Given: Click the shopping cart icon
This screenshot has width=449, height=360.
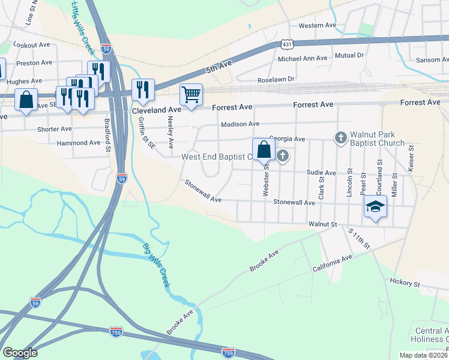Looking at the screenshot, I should [x=191, y=94].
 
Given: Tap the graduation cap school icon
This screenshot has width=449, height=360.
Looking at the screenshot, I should [x=375, y=207].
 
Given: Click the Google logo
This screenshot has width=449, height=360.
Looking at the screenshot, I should [x=20, y=353].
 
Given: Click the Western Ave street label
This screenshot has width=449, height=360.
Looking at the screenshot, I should [x=318, y=25].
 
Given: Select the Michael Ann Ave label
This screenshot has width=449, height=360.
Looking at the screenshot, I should [x=303, y=58].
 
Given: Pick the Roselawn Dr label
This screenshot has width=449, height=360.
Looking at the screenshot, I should [x=276, y=79].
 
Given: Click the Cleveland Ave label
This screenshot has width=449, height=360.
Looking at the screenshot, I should [x=156, y=110].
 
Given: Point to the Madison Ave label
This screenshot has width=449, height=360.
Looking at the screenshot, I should [x=240, y=124].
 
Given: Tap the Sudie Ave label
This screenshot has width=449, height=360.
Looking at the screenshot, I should [x=321, y=172].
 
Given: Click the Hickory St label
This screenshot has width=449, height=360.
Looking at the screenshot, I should [x=404, y=283].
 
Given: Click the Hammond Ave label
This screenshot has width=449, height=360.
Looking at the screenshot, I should [x=78, y=143].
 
